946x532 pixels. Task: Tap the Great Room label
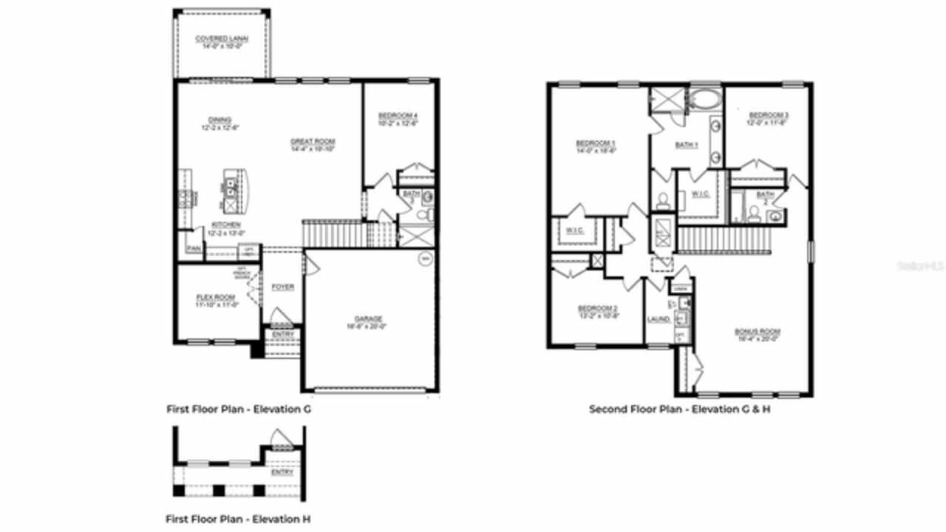(313, 141)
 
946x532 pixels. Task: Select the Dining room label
(220, 120)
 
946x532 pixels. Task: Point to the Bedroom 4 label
(398, 116)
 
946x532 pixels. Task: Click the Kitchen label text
(225, 225)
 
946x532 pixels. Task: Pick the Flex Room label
(216, 297)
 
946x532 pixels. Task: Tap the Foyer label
(282, 287)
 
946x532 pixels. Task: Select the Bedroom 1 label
(596, 143)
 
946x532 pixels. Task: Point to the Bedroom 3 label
(769, 115)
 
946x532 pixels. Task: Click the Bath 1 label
(686, 145)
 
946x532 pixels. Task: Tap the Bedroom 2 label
(597, 308)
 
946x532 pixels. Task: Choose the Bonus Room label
(758, 332)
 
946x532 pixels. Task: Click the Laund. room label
(659, 319)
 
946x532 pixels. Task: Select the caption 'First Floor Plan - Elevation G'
(238, 409)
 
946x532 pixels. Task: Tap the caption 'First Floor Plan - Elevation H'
(237, 519)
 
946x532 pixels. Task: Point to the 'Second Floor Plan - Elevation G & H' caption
(679, 409)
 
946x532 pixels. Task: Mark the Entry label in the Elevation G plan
(283, 334)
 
